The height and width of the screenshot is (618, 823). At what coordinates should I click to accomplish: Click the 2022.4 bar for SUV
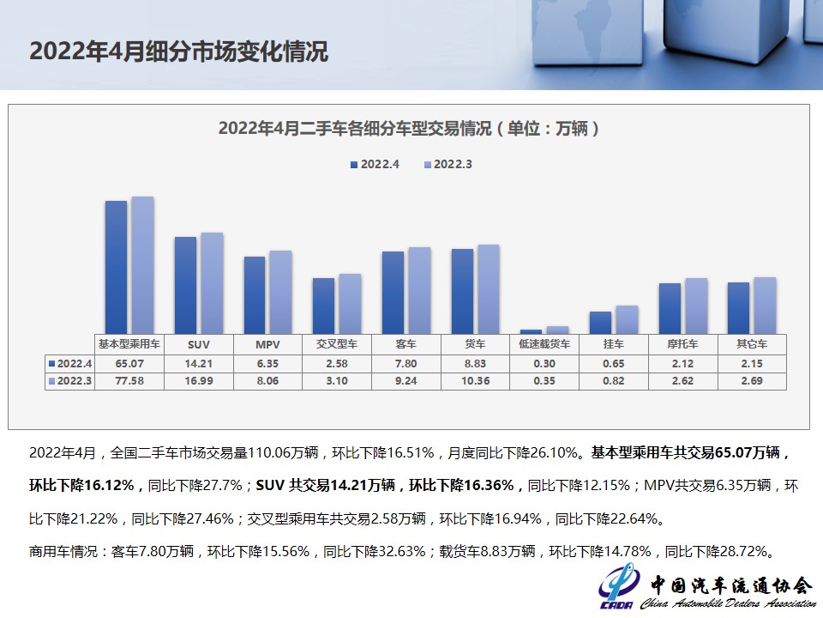185,285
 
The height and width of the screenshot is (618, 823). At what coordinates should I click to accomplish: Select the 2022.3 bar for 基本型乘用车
142,264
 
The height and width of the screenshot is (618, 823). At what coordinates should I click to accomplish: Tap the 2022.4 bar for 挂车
600,322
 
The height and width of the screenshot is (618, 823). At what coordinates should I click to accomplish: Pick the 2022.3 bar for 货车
489,288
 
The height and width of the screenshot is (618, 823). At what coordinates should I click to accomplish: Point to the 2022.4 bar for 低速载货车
532,330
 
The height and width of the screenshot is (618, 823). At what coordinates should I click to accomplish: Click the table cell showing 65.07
129,363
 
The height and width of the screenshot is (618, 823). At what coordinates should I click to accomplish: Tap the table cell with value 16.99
199,381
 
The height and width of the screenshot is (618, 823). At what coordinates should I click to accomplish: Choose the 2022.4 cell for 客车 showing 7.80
406,363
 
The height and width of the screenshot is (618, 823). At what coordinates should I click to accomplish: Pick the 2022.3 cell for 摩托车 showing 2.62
682,381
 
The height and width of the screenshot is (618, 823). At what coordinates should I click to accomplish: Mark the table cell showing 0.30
544,363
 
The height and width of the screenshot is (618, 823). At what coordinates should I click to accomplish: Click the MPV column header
267,344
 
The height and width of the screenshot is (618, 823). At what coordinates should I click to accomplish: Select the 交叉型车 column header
337,344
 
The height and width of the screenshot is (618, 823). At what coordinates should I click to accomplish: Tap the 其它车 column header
752,344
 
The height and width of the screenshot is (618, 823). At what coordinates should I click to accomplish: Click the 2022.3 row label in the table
70,381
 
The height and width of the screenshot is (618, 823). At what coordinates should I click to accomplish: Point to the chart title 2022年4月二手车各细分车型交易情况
408,129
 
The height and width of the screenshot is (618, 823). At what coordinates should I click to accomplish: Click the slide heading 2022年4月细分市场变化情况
178,51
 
